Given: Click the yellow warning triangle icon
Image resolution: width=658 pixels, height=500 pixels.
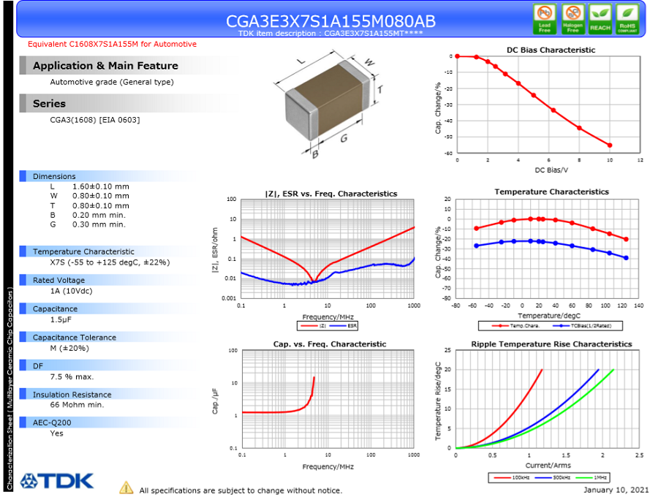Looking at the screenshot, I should click(x=126, y=488).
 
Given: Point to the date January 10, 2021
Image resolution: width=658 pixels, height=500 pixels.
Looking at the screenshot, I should click(x=616, y=490).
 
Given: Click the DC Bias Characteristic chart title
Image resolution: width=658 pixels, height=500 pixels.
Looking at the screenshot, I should click(x=551, y=50).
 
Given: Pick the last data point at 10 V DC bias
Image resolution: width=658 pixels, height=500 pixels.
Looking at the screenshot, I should click(x=610, y=145).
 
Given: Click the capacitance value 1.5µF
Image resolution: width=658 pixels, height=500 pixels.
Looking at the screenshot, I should click(x=62, y=320).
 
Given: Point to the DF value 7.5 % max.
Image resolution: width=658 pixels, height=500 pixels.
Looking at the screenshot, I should click(x=72, y=376).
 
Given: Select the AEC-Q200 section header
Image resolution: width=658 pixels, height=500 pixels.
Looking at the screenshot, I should click(x=53, y=423).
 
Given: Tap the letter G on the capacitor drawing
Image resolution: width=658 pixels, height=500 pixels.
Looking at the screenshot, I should click(x=342, y=138).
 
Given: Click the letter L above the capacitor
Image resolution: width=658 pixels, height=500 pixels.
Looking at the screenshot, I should click(x=301, y=61).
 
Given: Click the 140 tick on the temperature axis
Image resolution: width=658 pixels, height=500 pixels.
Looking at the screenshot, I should click(x=638, y=306).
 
